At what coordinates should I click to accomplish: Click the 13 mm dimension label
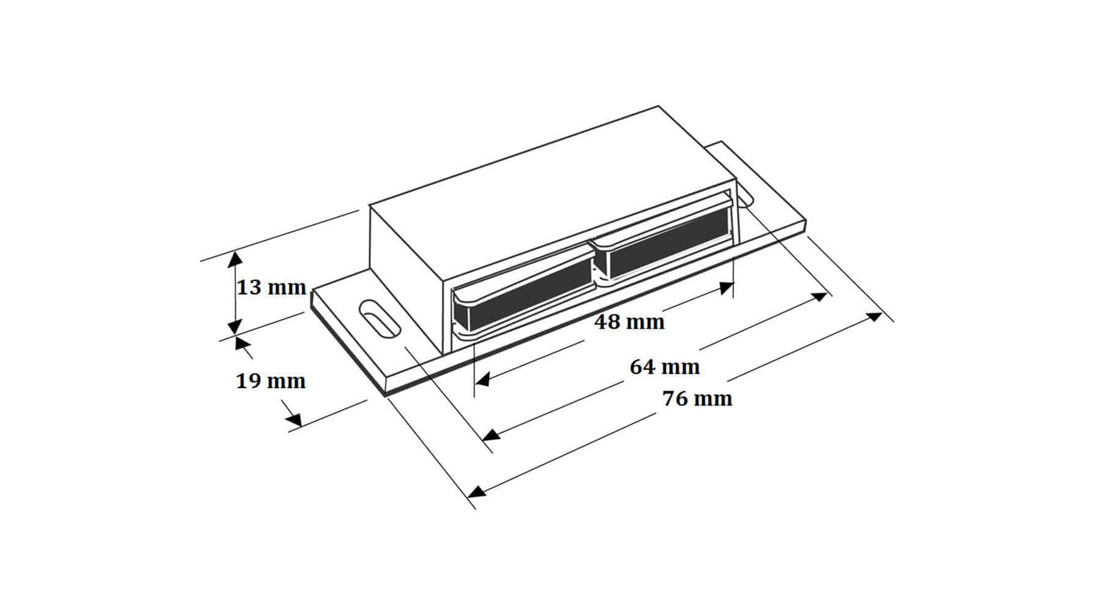[x=271, y=287]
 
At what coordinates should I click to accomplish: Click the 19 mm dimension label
[x=271, y=381]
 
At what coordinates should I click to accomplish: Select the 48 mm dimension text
[x=629, y=322]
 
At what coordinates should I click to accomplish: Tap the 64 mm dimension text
[x=665, y=367]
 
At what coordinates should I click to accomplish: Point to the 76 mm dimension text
[x=697, y=399]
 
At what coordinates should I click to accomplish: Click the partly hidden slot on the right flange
[x=745, y=200]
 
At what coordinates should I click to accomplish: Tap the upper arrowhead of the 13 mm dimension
[x=233, y=259]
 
